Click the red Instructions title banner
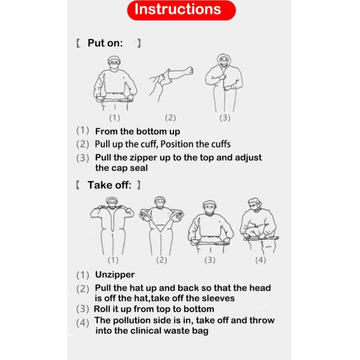tap(181, 10)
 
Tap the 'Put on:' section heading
tap(105, 43)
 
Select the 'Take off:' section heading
tap(109, 185)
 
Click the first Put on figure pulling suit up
tap(115, 83)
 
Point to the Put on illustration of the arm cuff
tap(171, 84)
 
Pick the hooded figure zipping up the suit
tap(224, 83)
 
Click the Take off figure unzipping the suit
tap(112, 226)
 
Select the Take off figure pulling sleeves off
tap(161, 226)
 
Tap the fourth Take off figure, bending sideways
tap(259, 226)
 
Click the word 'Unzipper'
tap(115, 275)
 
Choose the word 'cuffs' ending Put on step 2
tap(221, 144)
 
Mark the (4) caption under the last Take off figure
tap(260, 260)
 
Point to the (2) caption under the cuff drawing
tap(170, 118)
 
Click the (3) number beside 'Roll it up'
tap(83, 309)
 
